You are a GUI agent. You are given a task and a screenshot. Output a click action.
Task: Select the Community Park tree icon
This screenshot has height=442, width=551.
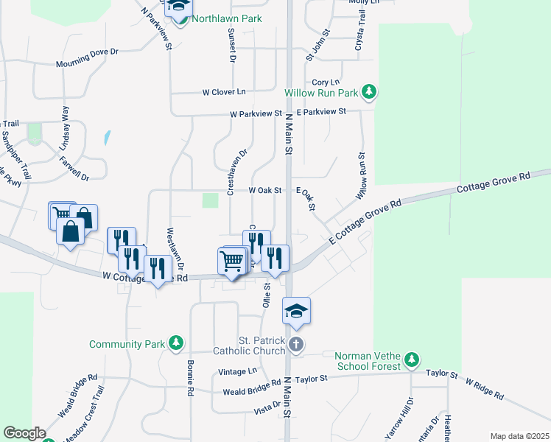tap(175, 343)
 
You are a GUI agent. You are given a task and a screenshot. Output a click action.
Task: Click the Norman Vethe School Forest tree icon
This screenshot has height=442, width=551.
tap(412, 359)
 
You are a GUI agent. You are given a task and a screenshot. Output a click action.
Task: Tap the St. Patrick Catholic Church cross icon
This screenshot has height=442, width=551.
tap(295, 344)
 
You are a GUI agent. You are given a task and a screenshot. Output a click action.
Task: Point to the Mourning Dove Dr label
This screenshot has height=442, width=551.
tap(87, 58)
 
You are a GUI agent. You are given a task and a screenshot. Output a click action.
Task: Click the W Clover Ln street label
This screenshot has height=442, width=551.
tap(224, 92)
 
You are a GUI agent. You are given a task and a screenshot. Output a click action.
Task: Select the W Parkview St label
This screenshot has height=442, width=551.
tap(256, 114)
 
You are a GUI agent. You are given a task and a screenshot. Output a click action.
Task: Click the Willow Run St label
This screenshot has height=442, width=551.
tap(361, 177)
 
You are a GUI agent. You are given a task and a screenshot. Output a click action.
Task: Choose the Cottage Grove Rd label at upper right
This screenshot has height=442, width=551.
tap(494, 183)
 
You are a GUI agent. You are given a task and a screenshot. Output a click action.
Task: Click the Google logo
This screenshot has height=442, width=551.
tap(24, 433)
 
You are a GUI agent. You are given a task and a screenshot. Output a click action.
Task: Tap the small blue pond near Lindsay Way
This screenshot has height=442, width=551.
tap(108, 138)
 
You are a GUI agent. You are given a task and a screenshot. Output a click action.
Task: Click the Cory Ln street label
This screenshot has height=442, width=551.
tap(325, 83)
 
